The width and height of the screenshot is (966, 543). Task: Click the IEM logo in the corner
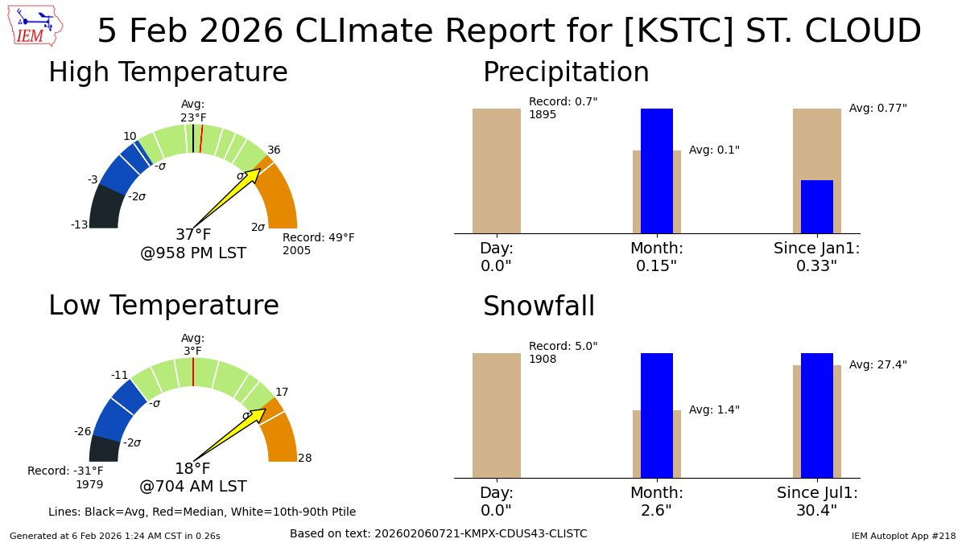click(35, 26)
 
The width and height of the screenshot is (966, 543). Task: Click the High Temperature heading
click(167, 72)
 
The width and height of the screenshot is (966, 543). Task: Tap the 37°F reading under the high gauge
click(193, 235)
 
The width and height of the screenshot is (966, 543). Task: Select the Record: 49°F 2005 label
click(318, 244)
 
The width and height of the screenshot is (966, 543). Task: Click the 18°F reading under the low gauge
click(192, 469)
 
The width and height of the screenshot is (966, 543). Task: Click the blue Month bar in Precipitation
click(656, 171)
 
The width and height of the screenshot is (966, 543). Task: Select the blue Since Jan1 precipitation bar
click(816, 207)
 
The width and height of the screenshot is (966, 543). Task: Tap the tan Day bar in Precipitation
click(496, 171)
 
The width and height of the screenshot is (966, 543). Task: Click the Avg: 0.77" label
click(877, 108)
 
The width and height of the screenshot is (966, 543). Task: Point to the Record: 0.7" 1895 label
click(563, 108)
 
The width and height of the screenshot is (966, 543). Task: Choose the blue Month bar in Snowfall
click(656, 415)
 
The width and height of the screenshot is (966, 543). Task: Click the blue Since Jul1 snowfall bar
click(816, 415)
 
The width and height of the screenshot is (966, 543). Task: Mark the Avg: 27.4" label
click(877, 364)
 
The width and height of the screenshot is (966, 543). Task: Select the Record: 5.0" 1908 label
click(563, 352)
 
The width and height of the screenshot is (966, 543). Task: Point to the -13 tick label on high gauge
click(79, 225)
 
